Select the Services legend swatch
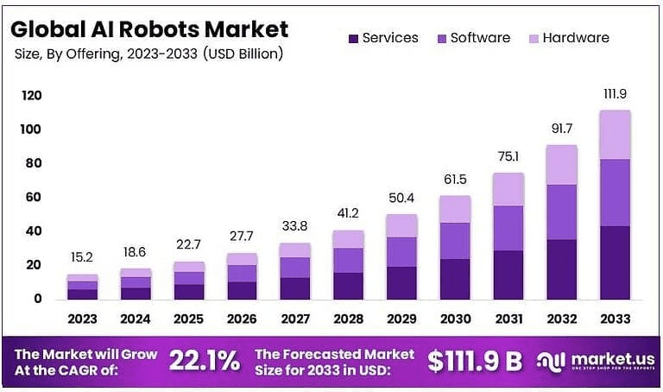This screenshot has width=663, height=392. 353,39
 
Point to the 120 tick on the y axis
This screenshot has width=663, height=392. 32,95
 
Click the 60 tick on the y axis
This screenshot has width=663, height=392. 32,198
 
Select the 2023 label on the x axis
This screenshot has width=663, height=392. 83,319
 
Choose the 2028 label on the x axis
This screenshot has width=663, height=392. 348,319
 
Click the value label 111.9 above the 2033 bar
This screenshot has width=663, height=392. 615,94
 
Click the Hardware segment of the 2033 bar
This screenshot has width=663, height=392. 615,135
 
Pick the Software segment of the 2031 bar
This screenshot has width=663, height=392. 508,228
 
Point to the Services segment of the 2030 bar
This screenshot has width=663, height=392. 455,279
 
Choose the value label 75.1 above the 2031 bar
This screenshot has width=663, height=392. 508,156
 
